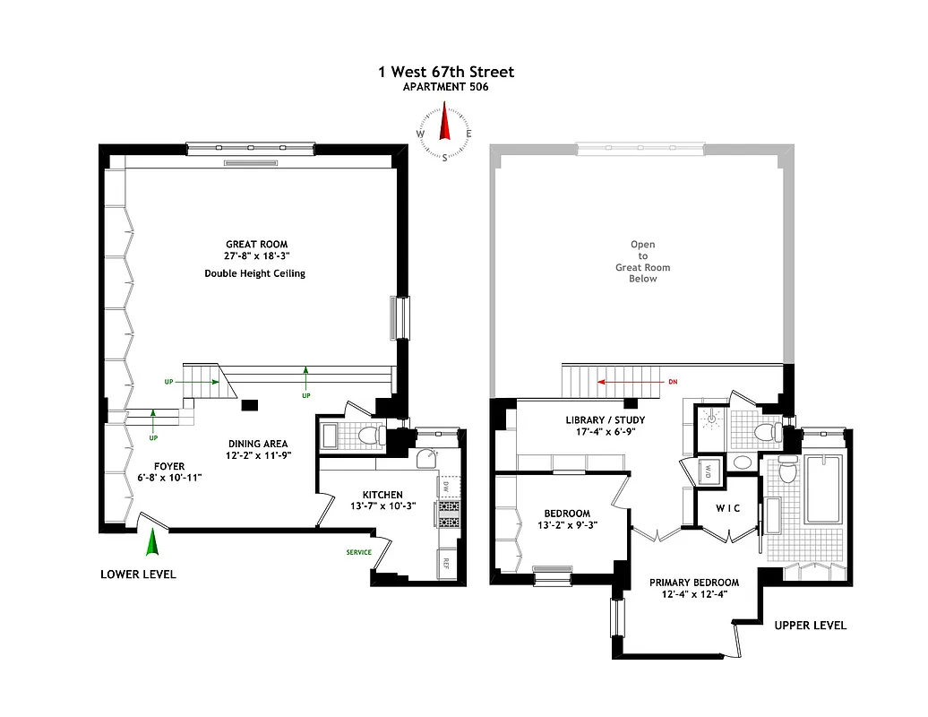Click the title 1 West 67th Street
tap(445, 72)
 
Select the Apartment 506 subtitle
tap(445, 87)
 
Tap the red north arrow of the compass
tap(443, 123)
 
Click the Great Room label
tap(256, 244)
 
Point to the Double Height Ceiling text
tap(254, 273)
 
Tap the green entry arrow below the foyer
tap(152, 543)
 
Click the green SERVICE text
tap(358, 552)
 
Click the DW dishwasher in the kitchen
tap(444, 487)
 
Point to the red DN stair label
tap(673, 382)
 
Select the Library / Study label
tap(605, 419)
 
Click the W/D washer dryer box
tap(708, 471)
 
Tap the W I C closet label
tap(727, 509)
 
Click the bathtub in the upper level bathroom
tap(821, 489)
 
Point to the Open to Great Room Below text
tap(642, 261)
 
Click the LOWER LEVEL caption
tap(138, 574)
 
